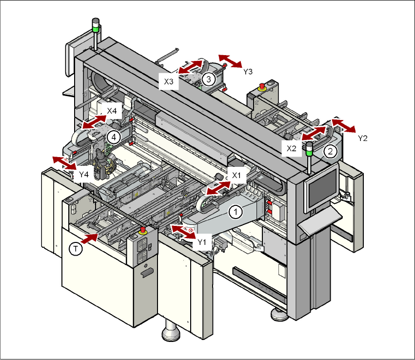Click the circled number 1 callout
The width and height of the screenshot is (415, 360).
[x=235, y=212]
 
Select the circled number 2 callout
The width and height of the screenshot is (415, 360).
[x=330, y=151]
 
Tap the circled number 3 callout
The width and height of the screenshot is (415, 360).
[x=208, y=79]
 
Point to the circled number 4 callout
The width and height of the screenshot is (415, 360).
[x=113, y=137]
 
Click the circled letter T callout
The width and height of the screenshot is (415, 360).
[x=75, y=249]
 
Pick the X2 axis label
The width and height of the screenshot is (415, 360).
[x=292, y=148]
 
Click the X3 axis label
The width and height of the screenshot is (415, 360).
[x=169, y=81]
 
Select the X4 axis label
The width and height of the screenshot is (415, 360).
[x=112, y=111]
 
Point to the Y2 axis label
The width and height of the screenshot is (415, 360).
[x=362, y=138]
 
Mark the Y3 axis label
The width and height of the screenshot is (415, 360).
[x=248, y=71]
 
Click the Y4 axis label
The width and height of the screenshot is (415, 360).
[x=84, y=174]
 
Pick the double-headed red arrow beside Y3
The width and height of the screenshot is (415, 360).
[x=230, y=61]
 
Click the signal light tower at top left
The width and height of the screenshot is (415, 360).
[x=96, y=28]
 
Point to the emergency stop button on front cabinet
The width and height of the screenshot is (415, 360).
[x=142, y=230]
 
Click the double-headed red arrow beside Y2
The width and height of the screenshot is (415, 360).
[x=344, y=125]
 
